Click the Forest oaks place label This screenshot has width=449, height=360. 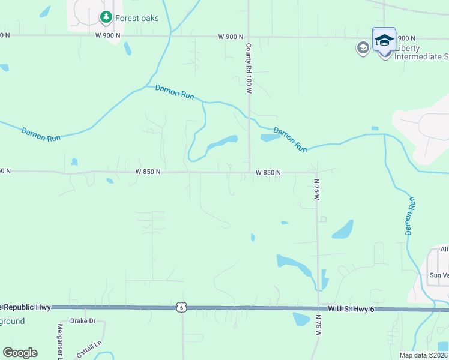pyautogui.click(x=137, y=18)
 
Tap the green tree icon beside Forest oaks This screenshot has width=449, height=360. pyautogui.click(x=106, y=17)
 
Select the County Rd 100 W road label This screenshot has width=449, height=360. pyautogui.click(x=247, y=68)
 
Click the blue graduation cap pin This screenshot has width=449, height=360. pyautogui.click(x=384, y=40)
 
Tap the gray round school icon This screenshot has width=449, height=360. pyautogui.click(x=363, y=48)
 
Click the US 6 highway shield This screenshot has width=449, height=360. pyautogui.click(x=181, y=307)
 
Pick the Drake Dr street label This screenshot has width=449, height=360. pyautogui.click(x=83, y=321)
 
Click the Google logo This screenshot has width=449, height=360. pyautogui.click(x=20, y=353)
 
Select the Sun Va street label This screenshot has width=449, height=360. pyautogui.click(x=438, y=275)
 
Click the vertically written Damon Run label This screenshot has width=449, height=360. pyautogui.click(x=411, y=215)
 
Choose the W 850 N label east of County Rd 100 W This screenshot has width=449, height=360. pyautogui.click(x=268, y=173)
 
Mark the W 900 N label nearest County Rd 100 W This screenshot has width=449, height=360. pyautogui.click(x=231, y=37)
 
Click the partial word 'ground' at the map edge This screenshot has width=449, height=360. pyautogui.click(x=12, y=321)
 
